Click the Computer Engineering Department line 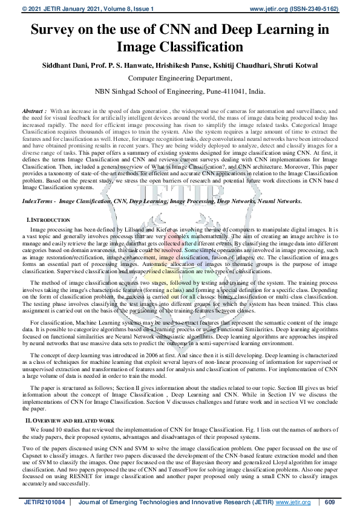coord(180,78)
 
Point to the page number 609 coord(330,502)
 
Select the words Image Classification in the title coord(180,47)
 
